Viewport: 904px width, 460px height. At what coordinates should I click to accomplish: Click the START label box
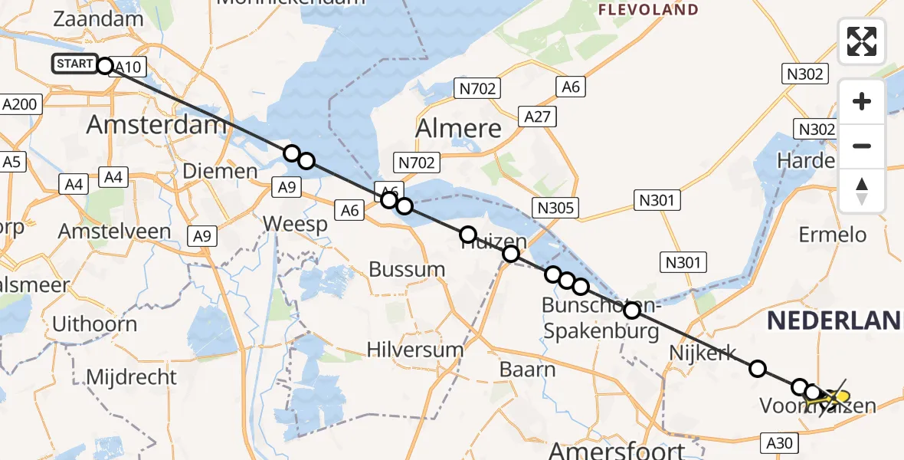[x=74, y=64]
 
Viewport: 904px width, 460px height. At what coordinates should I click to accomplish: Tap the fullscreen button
[x=862, y=41]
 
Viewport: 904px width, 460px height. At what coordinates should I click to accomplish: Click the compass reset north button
[x=862, y=191]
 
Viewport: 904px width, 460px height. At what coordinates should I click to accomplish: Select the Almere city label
[x=458, y=129]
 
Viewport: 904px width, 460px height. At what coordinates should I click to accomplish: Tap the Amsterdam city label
[x=156, y=124]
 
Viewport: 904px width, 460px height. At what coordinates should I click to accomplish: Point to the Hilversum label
[x=414, y=350]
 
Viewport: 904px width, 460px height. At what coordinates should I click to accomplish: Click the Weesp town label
[x=295, y=224]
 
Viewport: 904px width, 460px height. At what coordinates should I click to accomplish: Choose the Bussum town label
[x=407, y=269]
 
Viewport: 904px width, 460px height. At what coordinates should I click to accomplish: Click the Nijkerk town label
[x=703, y=353]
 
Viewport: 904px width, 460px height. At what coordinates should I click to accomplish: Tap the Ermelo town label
[x=833, y=235]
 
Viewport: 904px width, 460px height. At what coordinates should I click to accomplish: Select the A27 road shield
[x=537, y=117]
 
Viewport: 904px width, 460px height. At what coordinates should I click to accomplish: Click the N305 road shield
[x=557, y=208]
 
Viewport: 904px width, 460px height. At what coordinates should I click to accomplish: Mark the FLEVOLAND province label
[x=648, y=10]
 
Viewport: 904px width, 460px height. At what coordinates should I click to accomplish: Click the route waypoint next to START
[x=105, y=65]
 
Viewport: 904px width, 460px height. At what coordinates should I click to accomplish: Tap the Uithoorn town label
[x=94, y=324]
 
